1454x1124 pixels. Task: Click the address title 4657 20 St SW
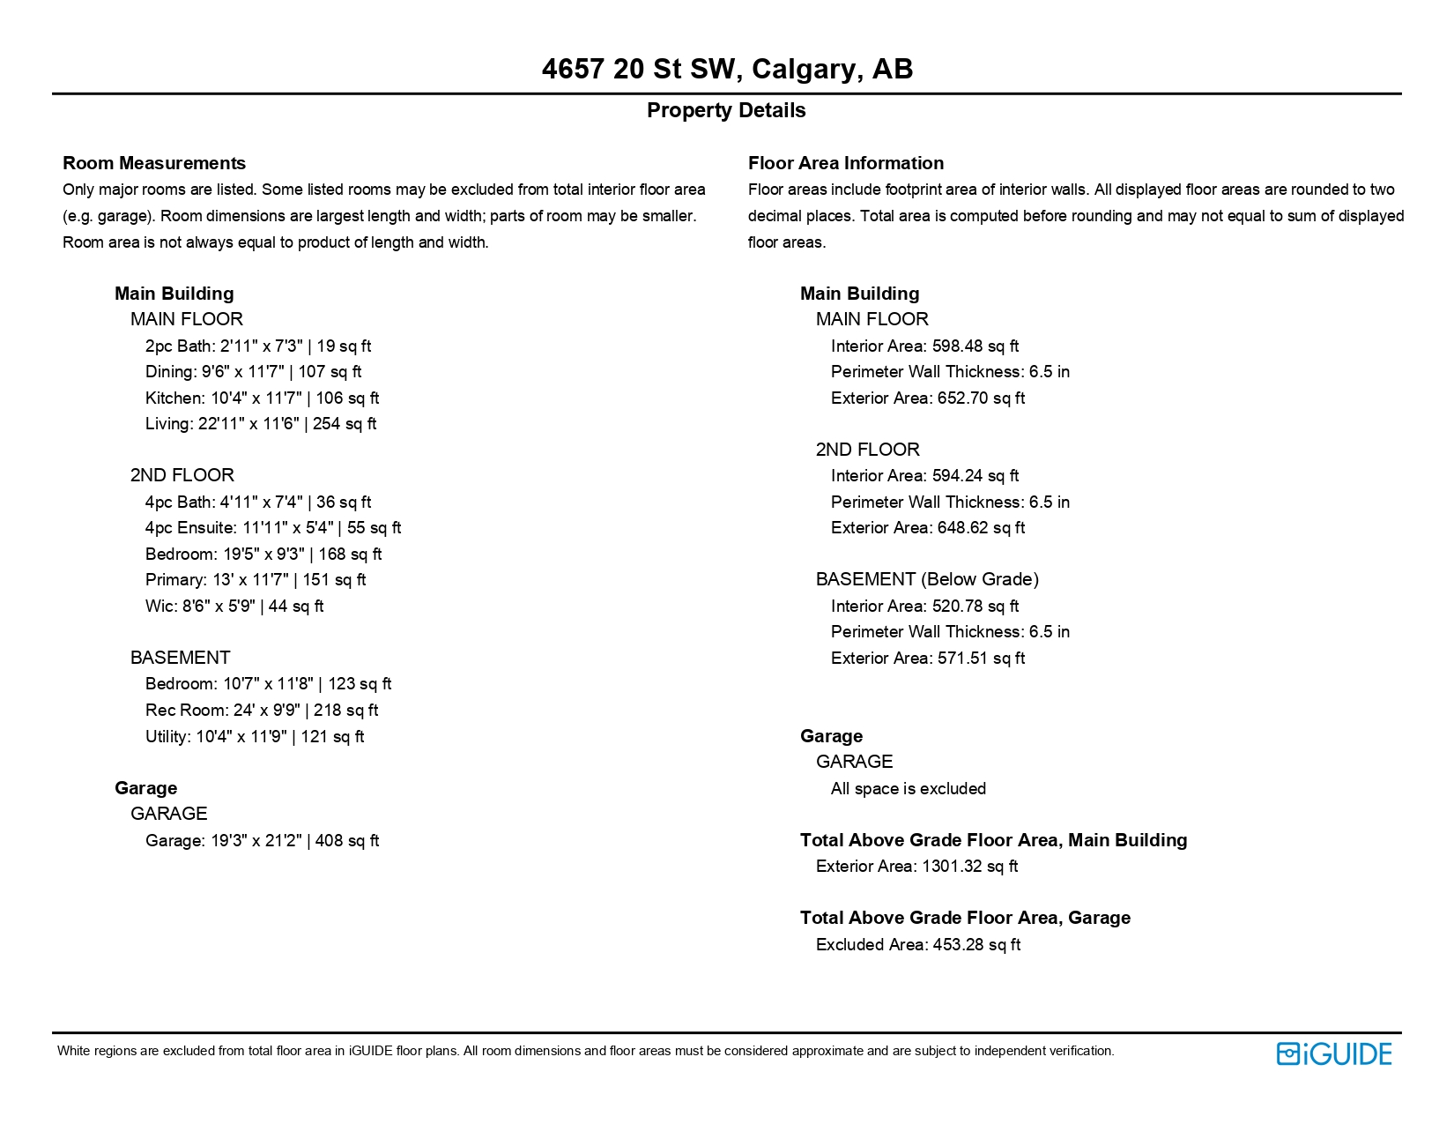coord(727,69)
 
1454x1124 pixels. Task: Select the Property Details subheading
coord(726,110)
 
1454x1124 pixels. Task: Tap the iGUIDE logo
coord(1333,1053)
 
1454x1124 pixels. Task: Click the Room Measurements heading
coord(154,163)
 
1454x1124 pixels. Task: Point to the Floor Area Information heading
coord(846,163)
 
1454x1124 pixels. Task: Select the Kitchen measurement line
coord(262,398)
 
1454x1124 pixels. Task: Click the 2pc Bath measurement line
coord(258,346)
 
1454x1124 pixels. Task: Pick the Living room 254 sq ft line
coord(261,424)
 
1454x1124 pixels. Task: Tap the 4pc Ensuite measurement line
coord(273,527)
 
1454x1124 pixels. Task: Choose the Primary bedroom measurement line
coord(256,579)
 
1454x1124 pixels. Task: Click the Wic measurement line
coord(234,606)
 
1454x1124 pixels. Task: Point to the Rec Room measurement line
coord(262,710)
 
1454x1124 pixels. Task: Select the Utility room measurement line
coord(255,736)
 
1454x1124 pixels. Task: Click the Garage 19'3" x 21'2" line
coord(262,840)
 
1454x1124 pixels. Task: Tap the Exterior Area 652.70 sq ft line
coord(928,398)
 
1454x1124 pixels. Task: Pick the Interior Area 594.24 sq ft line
coord(924,475)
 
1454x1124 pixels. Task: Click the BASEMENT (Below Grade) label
coord(927,579)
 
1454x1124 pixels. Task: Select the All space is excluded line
coord(909,788)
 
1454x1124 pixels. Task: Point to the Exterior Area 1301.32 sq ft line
coord(916,866)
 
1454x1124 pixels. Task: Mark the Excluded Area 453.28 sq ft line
coord(918,944)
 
